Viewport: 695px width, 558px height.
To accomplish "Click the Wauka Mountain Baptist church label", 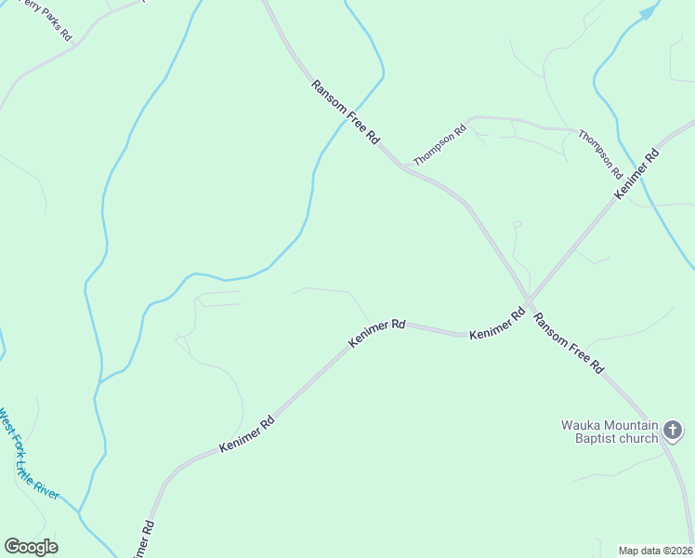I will click(x=610, y=432).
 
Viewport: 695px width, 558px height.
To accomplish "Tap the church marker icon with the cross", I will click(x=674, y=432).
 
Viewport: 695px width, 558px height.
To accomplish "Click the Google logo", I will click(x=32, y=547).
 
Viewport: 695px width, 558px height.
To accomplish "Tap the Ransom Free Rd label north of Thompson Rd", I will click(x=346, y=111).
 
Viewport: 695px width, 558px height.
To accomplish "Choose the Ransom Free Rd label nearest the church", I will click(x=568, y=343).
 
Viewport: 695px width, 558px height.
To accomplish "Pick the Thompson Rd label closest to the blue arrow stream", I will click(x=600, y=153).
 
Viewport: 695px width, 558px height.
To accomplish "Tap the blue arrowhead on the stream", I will click(x=649, y=11).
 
